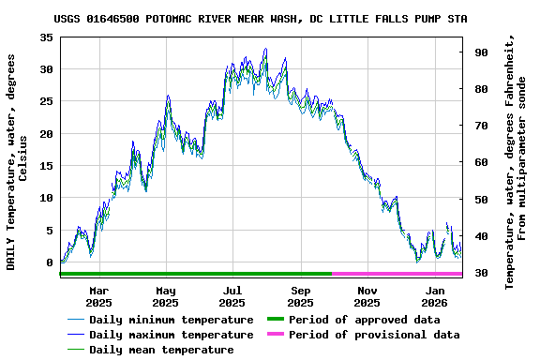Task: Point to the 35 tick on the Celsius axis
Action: pyautogui.click(x=45, y=37)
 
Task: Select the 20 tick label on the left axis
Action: pyautogui.click(x=45, y=134)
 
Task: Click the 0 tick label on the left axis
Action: pyautogui.click(x=49, y=262)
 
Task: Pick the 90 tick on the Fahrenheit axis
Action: pyautogui.click(x=480, y=52)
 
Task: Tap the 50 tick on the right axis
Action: pyautogui.click(x=480, y=200)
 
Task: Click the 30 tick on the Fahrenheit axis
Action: pyautogui.click(x=480, y=273)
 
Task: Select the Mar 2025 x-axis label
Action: pyautogui.click(x=98, y=296)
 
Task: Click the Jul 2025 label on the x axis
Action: pyautogui.click(x=232, y=296)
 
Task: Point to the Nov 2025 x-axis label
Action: pyautogui.click(x=367, y=296)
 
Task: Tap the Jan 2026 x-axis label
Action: pyautogui.click(x=435, y=296)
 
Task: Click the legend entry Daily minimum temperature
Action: pyautogui.click(x=171, y=320)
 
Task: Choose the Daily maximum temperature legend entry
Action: pyautogui.click(x=171, y=335)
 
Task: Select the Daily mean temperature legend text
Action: pyautogui.click(x=161, y=350)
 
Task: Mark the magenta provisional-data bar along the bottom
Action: pyautogui.click(x=397, y=274)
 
